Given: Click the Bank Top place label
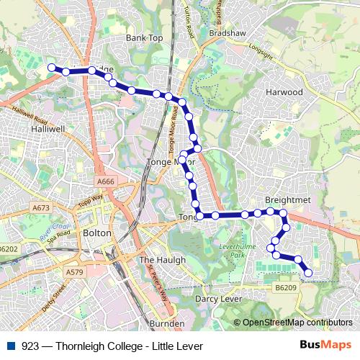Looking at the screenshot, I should click(x=145, y=37).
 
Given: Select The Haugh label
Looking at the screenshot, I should click(x=162, y=259).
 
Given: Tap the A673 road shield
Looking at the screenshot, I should click(x=41, y=207).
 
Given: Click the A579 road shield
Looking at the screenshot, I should click(x=73, y=273).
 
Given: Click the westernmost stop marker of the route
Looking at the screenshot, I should click(x=51, y=68).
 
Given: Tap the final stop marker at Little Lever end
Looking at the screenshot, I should click(x=308, y=272).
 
